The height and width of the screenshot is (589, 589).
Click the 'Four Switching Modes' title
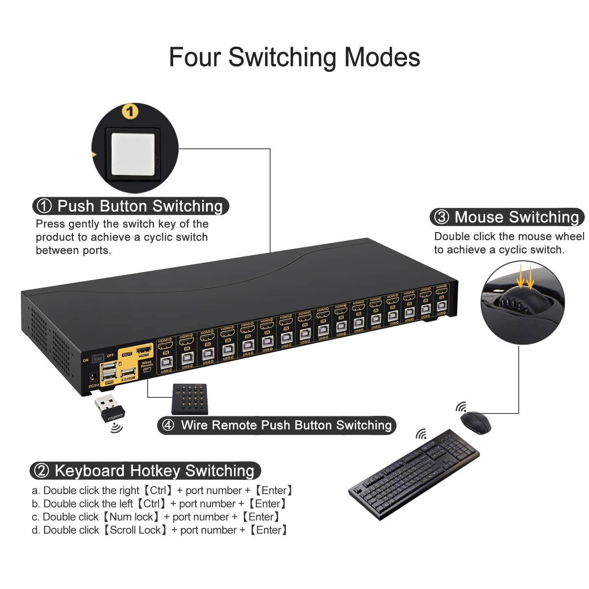294,57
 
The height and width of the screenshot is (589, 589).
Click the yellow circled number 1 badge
130,112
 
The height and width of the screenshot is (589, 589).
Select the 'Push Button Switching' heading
131,206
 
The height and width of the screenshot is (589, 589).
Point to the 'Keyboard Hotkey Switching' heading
145,470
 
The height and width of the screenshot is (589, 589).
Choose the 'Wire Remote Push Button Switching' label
277,425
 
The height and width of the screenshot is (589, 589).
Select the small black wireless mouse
476,422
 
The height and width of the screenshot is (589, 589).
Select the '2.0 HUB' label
128,379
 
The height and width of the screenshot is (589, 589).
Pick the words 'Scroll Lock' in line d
135,530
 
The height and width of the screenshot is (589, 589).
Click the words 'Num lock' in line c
131,517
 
